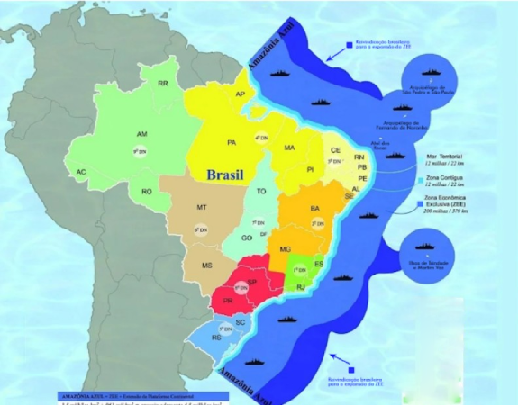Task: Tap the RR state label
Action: [163, 83]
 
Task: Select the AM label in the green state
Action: [141, 134]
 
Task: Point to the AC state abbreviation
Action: [81, 171]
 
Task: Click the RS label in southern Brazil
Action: [216, 338]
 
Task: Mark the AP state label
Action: [241, 94]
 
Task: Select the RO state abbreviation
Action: [146, 191]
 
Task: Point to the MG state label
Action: [286, 249]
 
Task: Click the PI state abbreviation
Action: [309, 169]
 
